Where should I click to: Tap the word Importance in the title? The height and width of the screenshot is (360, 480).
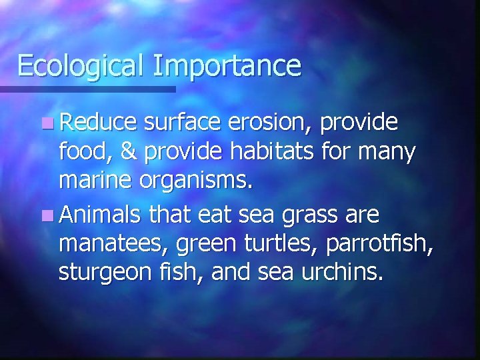coord(227,67)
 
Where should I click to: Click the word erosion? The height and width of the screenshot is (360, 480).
coord(269,123)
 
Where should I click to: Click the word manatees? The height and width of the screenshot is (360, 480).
coord(113,244)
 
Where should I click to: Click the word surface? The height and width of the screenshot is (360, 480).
coord(183,123)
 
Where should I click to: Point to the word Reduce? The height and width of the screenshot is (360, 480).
coord(98,123)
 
